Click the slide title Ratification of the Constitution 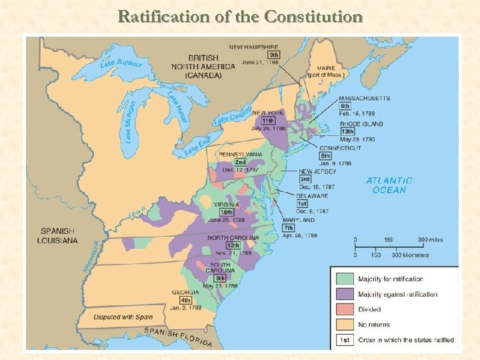(x=239, y=17)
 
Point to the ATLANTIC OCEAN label (x=389, y=185)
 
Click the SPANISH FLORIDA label (x=179, y=337)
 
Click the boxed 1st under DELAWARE (x=302, y=203)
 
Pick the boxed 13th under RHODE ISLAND (x=347, y=131)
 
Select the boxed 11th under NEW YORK (x=268, y=121)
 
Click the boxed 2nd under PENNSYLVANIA (x=240, y=162)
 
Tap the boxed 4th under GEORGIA (x=186, y=300)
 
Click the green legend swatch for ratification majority (x=345, y=279)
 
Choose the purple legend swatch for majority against (x=345, y=294)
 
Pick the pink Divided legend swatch (x=345, y=309)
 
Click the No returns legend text (x=375, y=325)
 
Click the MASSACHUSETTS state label (x=364, y=99)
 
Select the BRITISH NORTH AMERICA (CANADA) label (x=203, y=66)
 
